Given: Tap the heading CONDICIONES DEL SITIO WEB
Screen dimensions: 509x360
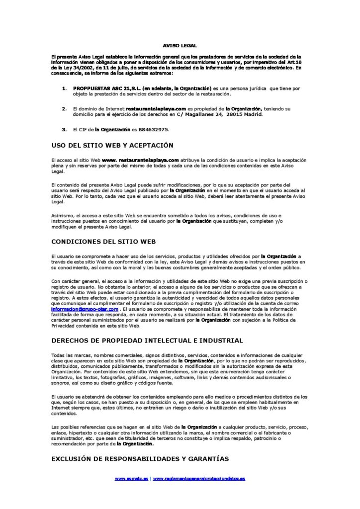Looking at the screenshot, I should click(x=103, y=241).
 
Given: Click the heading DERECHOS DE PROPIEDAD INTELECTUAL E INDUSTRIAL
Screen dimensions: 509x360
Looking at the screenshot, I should click(x=147, y=340).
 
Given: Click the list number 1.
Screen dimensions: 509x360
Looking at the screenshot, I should click(x=64, y=88).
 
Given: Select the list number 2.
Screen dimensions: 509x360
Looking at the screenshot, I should click(x=64, y=108).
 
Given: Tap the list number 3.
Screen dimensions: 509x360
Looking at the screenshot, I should click(x=64, y=129).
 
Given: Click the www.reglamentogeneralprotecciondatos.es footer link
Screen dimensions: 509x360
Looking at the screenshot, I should click(x=199, y=478).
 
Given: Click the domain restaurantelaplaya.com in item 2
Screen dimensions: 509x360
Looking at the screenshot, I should click(x=156, y=108).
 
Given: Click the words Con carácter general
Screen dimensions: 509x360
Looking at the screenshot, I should click(x=73, y=281).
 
